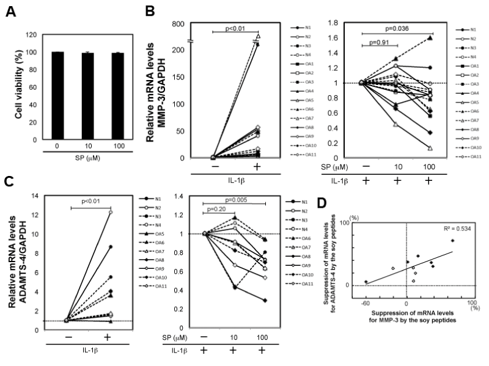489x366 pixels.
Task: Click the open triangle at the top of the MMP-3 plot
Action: coord(258,37)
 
